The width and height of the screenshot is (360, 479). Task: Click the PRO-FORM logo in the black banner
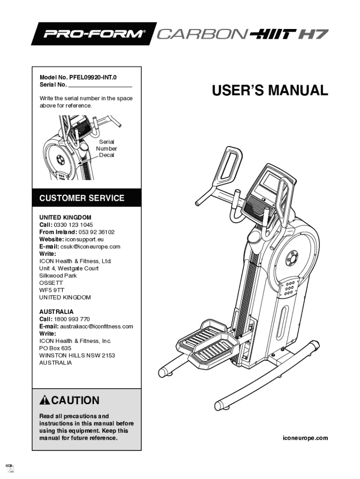(93, 33)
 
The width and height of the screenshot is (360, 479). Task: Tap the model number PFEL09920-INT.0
(93, 78)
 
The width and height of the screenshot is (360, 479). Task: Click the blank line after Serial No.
(100, 87)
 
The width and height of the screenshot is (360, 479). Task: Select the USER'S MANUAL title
(270, 90)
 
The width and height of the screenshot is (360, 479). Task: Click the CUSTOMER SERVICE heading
(82, 198)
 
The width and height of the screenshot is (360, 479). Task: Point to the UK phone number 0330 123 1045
(73, 225)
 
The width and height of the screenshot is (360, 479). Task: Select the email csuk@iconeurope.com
(90, 247)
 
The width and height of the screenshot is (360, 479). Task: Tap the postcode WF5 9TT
(51, 290)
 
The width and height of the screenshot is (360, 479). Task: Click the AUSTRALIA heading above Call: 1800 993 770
(57, 312)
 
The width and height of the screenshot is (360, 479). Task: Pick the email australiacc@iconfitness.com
(96, 327)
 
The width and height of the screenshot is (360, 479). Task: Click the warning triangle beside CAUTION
(44, 400)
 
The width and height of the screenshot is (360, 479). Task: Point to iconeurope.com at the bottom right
(305, 438)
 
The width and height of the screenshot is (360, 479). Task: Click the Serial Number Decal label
(107, 148)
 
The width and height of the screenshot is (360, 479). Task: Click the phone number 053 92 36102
(96, 232)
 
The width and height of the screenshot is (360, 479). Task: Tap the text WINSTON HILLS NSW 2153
(77, 356)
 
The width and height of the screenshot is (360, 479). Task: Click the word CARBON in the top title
(202, 34)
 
